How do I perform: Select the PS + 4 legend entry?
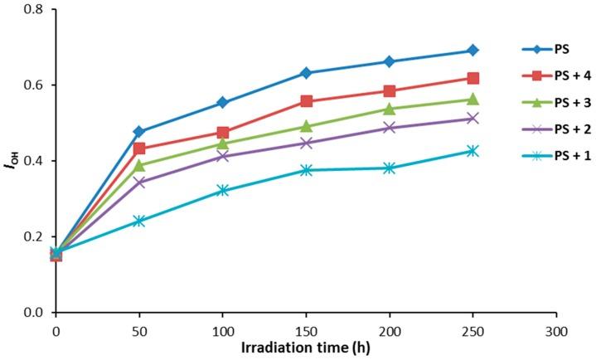coord(563,76)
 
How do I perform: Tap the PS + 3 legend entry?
coord(563,103)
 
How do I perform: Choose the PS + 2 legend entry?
coord(563,130)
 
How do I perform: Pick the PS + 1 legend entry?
coord(563,157)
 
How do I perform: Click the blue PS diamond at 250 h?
coord(472,51)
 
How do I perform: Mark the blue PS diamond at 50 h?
coord(139,132)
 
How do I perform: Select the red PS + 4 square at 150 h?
coord(306,101)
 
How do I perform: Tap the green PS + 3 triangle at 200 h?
coord(390,109)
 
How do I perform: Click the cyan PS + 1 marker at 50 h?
coord(139,221)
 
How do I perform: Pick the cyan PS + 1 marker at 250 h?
coord(472,151)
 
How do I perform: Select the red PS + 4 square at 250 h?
coord(472,78)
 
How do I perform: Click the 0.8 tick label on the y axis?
coord(35,9)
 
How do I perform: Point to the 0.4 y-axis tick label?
coord(35,161)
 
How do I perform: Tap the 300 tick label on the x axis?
coord(556,330)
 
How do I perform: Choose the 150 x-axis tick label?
coord(306,330)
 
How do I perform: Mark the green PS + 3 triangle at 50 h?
coord(139,165)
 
